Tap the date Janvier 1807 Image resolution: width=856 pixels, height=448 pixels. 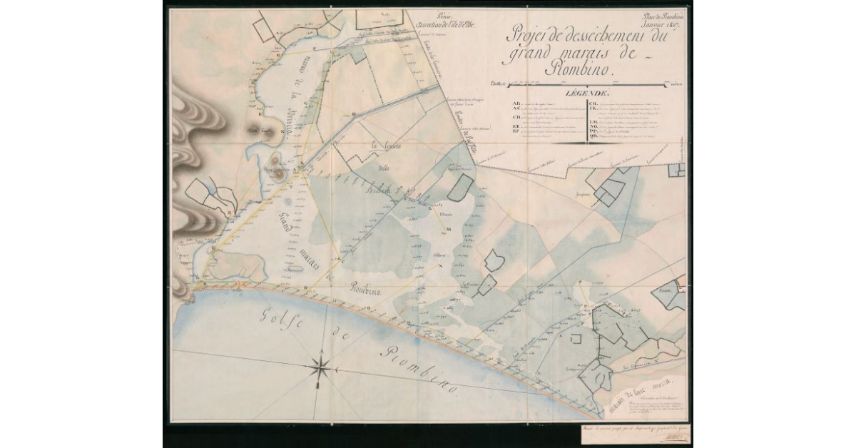(661, 26)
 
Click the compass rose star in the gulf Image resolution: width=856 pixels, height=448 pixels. (322, 368)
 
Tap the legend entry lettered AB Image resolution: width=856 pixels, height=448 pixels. (516, 103)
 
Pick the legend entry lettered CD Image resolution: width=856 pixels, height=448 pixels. (516, 115)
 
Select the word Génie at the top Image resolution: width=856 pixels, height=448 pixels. (447, 14)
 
